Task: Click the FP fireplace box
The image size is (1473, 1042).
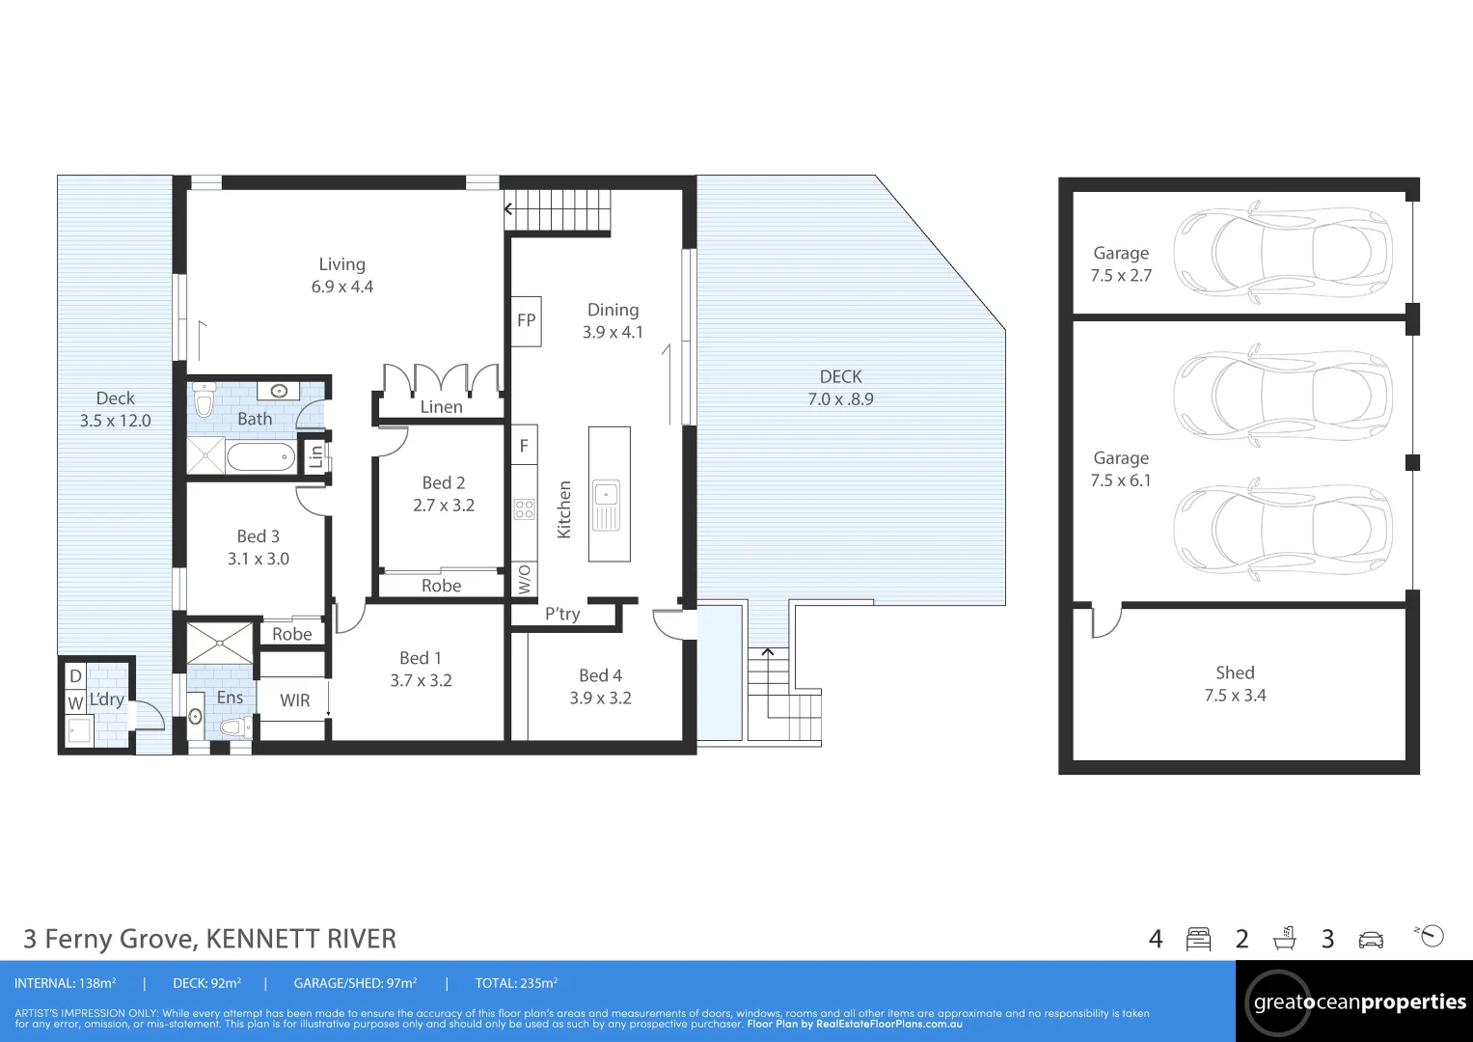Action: pyautogui.click(x=526, y=321)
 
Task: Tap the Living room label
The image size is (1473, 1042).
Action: pyautogui.click(x=341, y=275)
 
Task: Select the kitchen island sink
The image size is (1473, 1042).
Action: pyautogui.click(x=606, y=505)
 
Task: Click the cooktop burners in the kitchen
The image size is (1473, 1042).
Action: pyautogui.click(x=524, y=509)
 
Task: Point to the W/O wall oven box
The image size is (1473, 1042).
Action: pyautogui.click(x=524, y=579)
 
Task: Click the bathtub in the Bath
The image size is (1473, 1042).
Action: pyautogui.click(x=260, y=455)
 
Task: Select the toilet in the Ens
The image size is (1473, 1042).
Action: pyautogui.click(x=234, y=727)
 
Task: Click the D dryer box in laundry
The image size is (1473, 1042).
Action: pyautogui.click(x=75, y=675)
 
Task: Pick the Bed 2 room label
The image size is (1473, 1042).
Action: pyautogui.click(x=444, y=493)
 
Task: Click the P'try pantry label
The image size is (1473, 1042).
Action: pyautogui.click(x=562, y=615)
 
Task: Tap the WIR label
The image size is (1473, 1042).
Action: pyautogui.click(x=294, y=700)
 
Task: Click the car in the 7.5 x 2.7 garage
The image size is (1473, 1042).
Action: pyautogui.click(x=1282, y=253)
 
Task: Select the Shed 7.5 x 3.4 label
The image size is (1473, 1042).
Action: pyautogui.click(x=1235, y=684)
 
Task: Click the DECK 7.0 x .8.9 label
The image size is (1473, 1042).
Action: pyautogui.click(x=840, y=388)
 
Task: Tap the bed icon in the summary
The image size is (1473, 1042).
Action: pyautogui.click(x=1198, y=939)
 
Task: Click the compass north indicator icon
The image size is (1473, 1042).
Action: pyautogui.click(x=1432, y=936)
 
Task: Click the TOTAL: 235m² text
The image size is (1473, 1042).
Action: pyautogui.click(x=516, y=983)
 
